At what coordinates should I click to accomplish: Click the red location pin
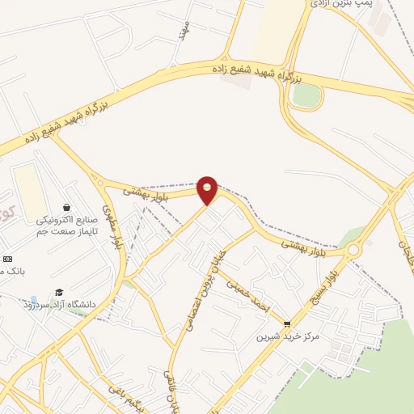pos(208,189)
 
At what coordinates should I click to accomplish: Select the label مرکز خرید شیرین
pos(288,336)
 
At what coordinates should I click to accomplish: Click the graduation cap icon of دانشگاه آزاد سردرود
pos(59,293)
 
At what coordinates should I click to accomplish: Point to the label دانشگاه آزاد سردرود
pos(60,304)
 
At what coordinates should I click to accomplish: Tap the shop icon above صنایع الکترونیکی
pos(66,208)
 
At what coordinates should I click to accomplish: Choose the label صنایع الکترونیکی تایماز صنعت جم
pos(66,225)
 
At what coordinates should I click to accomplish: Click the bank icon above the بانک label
pos(7,259)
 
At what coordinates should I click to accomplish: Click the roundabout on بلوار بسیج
pos(353,250)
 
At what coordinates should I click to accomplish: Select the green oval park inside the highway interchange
pos(306,95)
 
